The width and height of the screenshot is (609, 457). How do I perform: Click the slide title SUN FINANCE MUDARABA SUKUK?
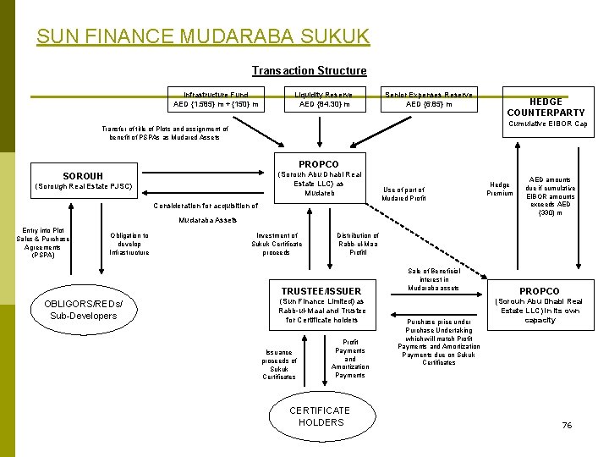click(x=203, y=36)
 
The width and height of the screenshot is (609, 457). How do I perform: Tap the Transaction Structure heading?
click(x=309, y=71)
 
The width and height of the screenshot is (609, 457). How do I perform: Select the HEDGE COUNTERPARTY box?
click(x=546, y=107)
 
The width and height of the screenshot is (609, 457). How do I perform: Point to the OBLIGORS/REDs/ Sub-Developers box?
click(x=83, y=310)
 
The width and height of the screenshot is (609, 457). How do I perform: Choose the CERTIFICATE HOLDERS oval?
click(x=321, y=416)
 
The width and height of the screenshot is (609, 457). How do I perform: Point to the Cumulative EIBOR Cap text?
click(x=547, y=124)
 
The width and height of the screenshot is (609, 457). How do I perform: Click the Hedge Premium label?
click(x=500, y=189)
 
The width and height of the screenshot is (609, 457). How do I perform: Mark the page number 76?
click(x=567, y=425)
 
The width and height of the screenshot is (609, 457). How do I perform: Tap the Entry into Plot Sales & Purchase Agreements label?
click(x=41, y=242)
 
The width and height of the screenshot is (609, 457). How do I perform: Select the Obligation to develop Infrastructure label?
click(x=129, y=244)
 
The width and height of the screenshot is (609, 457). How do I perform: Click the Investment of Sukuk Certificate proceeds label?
click(x=277, y=244)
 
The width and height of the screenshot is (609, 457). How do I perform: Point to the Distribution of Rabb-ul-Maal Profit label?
click(x=358, y=244)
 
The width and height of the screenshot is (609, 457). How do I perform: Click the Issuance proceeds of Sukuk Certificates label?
click(x=279, y=365)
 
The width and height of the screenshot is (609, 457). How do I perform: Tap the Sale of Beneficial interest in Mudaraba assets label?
click(x=434, y=279)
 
